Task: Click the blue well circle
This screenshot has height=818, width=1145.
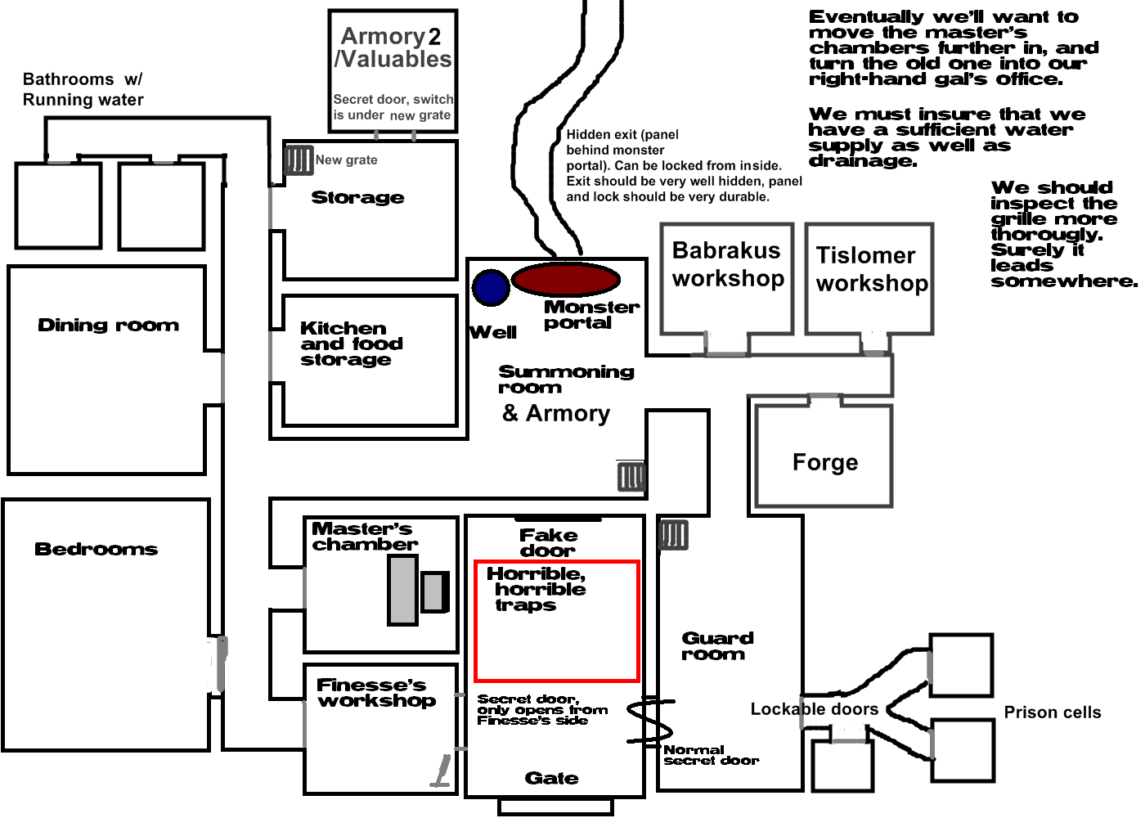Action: [491, 287]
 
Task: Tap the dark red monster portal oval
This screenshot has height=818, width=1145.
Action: [565, 280]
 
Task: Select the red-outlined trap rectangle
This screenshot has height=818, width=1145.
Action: [556, 622]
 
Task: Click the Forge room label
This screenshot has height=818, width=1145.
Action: [825, 463]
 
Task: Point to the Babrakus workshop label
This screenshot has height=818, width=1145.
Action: [727, 264]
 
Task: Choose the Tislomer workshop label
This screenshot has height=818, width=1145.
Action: [871, 269]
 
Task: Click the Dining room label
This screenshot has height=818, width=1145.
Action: [108, 326]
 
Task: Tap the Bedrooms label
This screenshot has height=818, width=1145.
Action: [96, 549]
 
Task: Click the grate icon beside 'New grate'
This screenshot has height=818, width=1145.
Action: [299, 160]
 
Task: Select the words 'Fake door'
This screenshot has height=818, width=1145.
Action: [548, 542]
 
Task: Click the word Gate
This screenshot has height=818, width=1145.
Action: [551, 778]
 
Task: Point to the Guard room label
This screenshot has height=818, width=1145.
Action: [717, 645]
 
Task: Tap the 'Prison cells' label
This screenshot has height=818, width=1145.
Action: [1052, 712]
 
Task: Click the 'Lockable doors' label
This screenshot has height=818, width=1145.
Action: [814, 709]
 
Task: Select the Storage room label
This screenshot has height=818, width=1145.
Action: [357, 197]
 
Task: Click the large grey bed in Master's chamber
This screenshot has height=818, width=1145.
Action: [403, 590]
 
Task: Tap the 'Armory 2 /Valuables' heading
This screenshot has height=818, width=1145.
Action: [393, 47]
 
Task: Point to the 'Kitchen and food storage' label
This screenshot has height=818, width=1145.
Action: [350, 344]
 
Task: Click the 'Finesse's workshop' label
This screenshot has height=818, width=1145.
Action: [375, 693]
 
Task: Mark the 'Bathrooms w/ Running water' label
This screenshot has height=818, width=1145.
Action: [83, 89]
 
